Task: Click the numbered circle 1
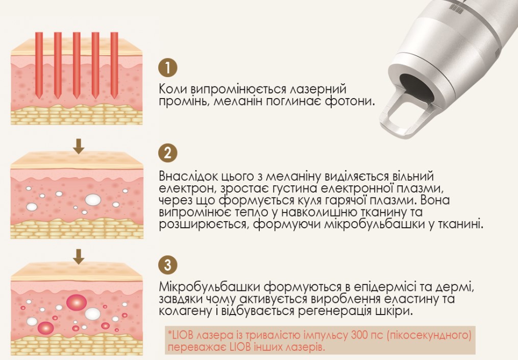(x=168, y=67)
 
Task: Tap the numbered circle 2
(x=168, y=153)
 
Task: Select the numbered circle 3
(x=168, y=265)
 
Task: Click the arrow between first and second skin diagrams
(x=78, y=146)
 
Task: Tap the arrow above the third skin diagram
(x=78, y=257)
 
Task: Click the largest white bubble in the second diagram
(x=93, y=200)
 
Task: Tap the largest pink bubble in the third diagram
(x=77, y=302)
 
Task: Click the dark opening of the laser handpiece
(x=417, y=87)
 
